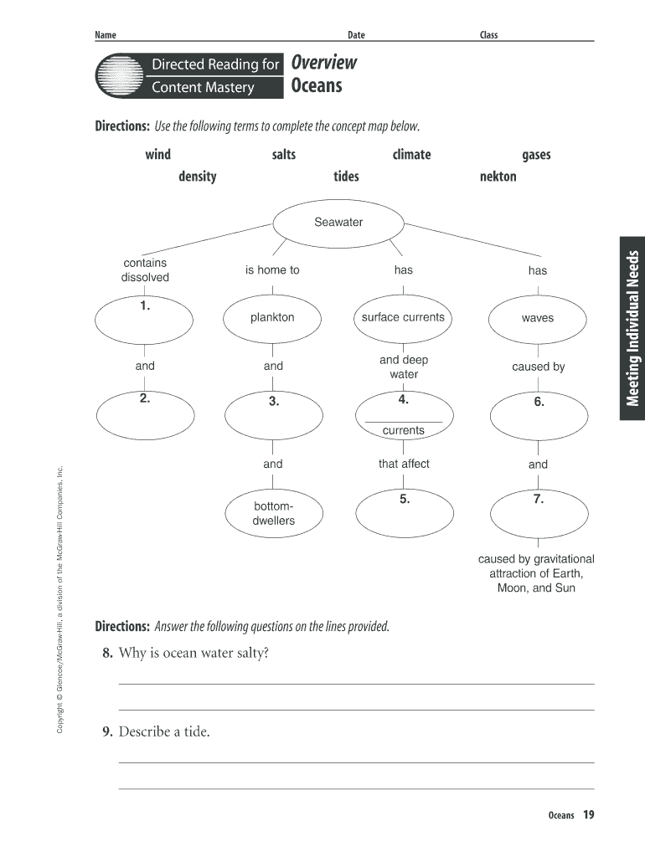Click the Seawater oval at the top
(338, 223)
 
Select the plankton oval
(272, 318)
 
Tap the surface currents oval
(403, 318)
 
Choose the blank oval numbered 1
(144, 318)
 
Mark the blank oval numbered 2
(144, 412)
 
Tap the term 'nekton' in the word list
(498, 177)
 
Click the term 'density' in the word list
(197, 177)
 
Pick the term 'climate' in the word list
(411, 154)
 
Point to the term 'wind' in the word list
(157, 154)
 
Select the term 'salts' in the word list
(283, 154)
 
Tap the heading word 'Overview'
(323, 63)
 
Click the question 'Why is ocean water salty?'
(193, 653)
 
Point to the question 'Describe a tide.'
(164, 731)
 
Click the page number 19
(589, 814)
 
